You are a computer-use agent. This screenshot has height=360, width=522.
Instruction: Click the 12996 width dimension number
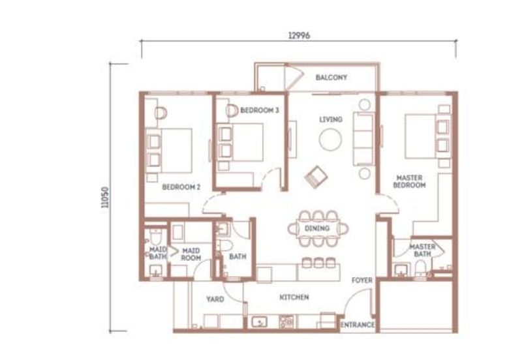coord(299,35)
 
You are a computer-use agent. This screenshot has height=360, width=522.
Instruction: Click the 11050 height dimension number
coord(105,198)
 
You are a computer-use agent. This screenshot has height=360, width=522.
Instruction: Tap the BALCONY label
coord(331,78)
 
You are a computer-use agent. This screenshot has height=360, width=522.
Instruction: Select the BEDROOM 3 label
coord(260,110)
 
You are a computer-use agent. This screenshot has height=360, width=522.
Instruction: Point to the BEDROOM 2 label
coord(181,187)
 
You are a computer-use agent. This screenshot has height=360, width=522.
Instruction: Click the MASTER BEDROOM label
coord(410,182)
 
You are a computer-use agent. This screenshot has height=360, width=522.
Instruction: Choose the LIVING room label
coord(331,119)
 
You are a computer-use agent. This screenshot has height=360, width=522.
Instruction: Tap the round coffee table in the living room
coord(330,140)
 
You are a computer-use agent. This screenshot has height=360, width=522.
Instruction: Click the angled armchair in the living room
coord(316,177)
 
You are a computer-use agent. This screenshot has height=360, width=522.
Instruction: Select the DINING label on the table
coord(317,228)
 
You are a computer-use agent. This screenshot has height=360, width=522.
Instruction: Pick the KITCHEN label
coord(294,297)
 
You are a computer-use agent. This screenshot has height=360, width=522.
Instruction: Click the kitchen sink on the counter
coord(259,322)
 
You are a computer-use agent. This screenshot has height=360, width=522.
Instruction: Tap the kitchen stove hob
coord(286,322)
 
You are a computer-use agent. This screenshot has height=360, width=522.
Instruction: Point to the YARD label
coord(215,299)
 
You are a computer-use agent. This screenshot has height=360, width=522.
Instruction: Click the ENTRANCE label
coord(357,324)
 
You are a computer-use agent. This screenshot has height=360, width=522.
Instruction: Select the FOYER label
coord(362,280)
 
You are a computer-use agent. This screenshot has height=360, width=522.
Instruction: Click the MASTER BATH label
coord(422,250)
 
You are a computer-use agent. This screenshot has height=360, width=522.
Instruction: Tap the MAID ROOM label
coord(191,254)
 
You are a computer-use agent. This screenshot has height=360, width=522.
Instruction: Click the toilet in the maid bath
coord(155,236)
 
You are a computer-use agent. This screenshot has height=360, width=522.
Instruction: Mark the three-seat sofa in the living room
coord(363,139)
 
